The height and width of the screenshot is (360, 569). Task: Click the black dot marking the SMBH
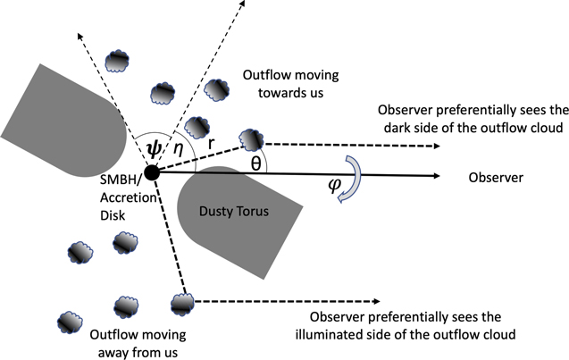[152, 172]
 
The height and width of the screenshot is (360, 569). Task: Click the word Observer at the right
[497, 178]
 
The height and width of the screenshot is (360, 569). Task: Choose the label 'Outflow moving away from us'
[138, 342]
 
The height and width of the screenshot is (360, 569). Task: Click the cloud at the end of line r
[252, 138]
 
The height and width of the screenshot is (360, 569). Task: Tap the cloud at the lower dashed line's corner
[182, 303]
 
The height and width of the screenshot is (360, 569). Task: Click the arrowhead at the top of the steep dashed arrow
[246, 4]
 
